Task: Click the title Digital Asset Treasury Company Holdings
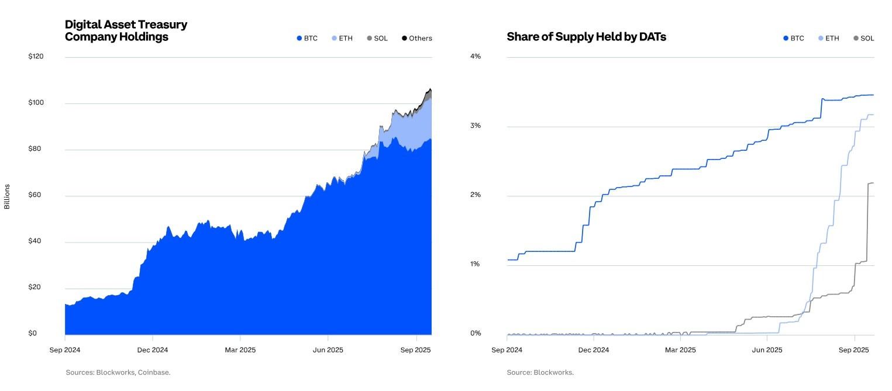coord(126,31)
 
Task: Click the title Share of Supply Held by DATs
coord(586,37)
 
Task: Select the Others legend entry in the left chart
coord(416,39)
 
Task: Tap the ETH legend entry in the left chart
coord(342,39)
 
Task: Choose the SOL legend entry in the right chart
coord(863,39)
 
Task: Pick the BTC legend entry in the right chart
coord(793,39)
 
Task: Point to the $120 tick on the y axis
coord(36,57)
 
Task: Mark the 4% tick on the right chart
coord(475,57)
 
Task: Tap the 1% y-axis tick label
coord(475,264)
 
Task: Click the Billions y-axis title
coord(7,196)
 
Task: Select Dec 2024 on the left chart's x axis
coord(152,350)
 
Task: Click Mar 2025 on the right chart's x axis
coord(680,350)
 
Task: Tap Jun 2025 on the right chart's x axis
coord(766,350)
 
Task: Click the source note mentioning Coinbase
coord(118,372)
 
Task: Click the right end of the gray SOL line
coord(873,183)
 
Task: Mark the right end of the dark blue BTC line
coord(873,95)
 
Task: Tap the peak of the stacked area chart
coord(430,89)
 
